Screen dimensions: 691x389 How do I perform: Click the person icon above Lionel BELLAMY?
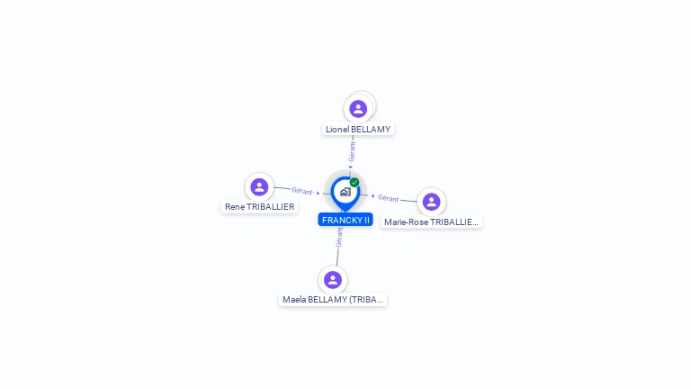coord(358,109)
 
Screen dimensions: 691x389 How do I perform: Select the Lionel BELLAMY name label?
coord(358,130)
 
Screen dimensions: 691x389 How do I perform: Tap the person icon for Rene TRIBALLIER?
coord(259,187)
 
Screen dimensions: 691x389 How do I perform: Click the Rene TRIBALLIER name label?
coord(259,207)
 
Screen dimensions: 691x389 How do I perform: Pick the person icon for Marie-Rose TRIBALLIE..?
coord(431,202)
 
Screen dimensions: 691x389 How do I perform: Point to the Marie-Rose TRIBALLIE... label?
coord(431,222)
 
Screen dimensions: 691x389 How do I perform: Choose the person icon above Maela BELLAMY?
coord(333,280)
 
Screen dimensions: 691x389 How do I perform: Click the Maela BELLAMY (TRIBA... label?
coord(333,300)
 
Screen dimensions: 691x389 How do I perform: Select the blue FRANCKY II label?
coord(345,220)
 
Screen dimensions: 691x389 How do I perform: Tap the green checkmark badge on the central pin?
coord(354,182)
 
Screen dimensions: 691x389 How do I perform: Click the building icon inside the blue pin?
coord(345,192)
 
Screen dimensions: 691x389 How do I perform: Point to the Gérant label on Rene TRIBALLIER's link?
coord(302,191)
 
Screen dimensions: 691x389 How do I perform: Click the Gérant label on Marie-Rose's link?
coord(389,198)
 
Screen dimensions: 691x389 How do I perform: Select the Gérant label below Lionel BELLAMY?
coord(352,151)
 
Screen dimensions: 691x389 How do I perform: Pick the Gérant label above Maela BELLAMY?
coord(339,238)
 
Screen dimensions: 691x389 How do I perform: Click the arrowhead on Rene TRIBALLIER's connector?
coord(319,193)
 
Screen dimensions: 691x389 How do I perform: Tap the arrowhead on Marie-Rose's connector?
coord(372,195)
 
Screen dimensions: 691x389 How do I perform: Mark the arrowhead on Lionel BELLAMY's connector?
coord(351,167)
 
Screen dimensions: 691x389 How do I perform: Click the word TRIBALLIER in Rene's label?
coord(270,207)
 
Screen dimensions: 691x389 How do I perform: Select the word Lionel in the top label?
coord(337,130)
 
